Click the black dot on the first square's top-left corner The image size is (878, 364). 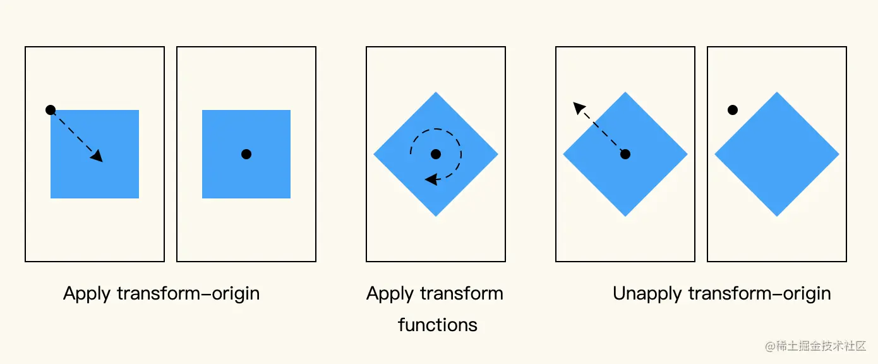(51, 110)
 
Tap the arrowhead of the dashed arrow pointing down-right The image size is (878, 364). (97, 155)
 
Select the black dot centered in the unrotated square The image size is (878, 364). (246, 154)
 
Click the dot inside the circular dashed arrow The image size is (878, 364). (436, 154)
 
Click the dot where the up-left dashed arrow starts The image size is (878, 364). (625, 154)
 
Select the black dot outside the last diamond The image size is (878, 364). (733, 110)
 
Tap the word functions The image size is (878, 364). (437, 325)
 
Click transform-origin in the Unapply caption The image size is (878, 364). (759, 294)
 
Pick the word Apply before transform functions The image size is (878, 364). (390, 294)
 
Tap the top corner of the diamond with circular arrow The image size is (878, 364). (436, 93)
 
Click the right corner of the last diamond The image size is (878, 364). (838, 154)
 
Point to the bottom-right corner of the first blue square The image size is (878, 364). (138, 197)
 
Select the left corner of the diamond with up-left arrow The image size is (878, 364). (564, 154)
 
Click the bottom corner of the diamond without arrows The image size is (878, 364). (777, 215)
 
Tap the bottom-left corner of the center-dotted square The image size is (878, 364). (203, 197)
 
